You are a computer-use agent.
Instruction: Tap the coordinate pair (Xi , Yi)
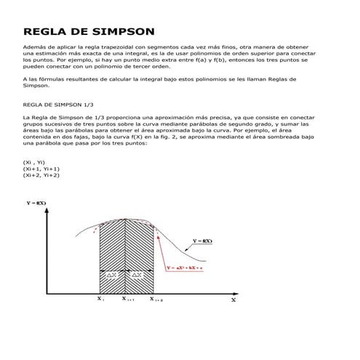[x=35, y=163]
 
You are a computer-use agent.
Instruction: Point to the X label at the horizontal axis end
[x=233, y=299]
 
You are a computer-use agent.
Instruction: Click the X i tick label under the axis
[x=100, y=298]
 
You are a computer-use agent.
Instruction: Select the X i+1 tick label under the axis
[x=128, y=299]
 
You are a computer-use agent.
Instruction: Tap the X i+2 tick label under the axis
[x=156, y=299]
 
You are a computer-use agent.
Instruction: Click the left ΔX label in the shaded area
[x=112, y=275]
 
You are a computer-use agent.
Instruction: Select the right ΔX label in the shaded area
[x=139, y=275]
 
